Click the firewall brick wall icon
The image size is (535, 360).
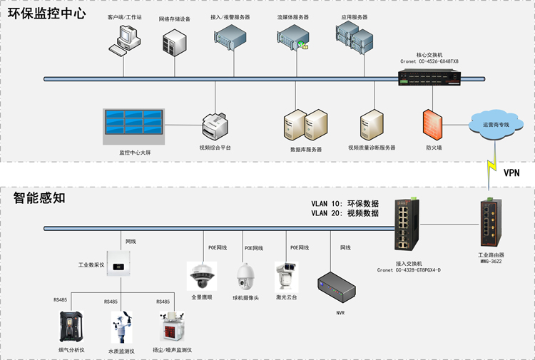(x=433, y=125)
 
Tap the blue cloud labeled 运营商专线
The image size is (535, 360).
(x=496, y=125)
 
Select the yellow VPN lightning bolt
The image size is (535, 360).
(x=491, y=166)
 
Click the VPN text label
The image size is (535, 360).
(x=511, y=173)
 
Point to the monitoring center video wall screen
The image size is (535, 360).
(x=134, y=126)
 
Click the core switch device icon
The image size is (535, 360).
(x=429, y=77)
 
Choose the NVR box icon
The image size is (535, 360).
(x=337, y=287)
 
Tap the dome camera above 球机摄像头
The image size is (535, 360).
(x=245, y=277)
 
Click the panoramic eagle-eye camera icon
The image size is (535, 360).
(x=203, y=276)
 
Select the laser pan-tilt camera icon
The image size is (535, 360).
(x=287, y=277)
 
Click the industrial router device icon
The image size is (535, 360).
(x=491, y=223)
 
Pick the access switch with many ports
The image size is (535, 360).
(x=407, y=225)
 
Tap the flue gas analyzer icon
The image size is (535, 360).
(x=71, y=326)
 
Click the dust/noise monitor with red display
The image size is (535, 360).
(x=173, y=326)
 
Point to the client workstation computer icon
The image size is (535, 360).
(x=125, y=40)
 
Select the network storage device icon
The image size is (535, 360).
(x=174, y=43)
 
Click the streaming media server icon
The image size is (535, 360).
(x=292, y=37)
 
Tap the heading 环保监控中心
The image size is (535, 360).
(x=47, y=14)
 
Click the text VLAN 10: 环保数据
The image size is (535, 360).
(x=345, y=203)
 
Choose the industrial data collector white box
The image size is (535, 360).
(x=118, y=263)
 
